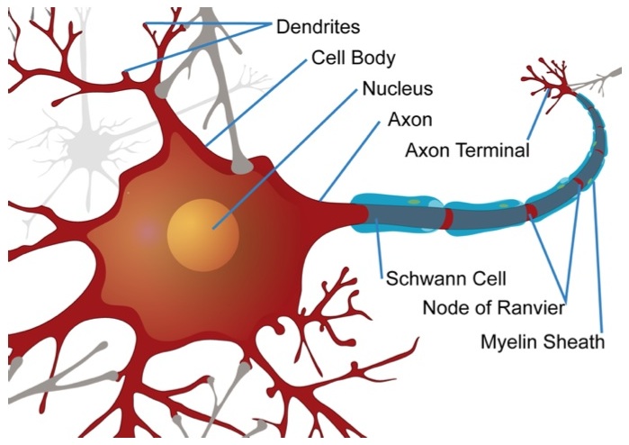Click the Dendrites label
319,26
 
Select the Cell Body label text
354,58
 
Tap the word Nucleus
397,89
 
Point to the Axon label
409,120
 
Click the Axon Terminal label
467,150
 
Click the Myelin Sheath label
543,342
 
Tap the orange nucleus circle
202,233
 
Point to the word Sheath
577,342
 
